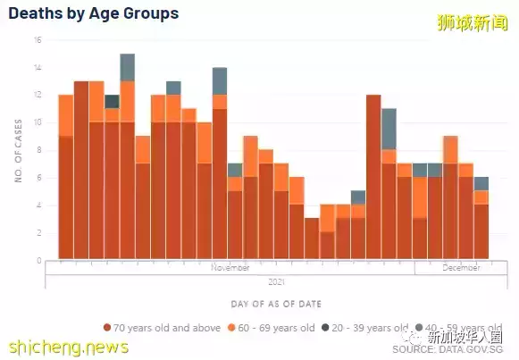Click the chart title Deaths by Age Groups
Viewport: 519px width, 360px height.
[93, 14]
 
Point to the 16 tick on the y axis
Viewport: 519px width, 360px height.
[38, 40]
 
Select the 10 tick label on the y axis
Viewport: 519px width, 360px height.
[38, 123]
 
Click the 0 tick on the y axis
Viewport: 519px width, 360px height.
[39, 261]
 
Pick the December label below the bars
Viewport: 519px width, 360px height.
[459, 267]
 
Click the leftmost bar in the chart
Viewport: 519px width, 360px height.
[65, 179]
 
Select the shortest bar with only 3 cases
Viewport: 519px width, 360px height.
[312, 239]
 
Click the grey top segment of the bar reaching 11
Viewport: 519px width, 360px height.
[389, 129]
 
